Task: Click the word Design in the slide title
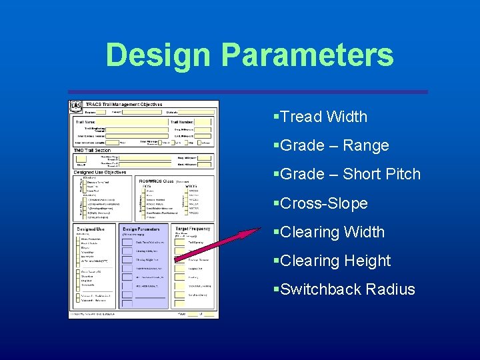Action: pos(157,55)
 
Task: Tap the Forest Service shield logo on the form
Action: pos(77,106)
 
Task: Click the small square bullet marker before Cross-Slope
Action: pos(276,203)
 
